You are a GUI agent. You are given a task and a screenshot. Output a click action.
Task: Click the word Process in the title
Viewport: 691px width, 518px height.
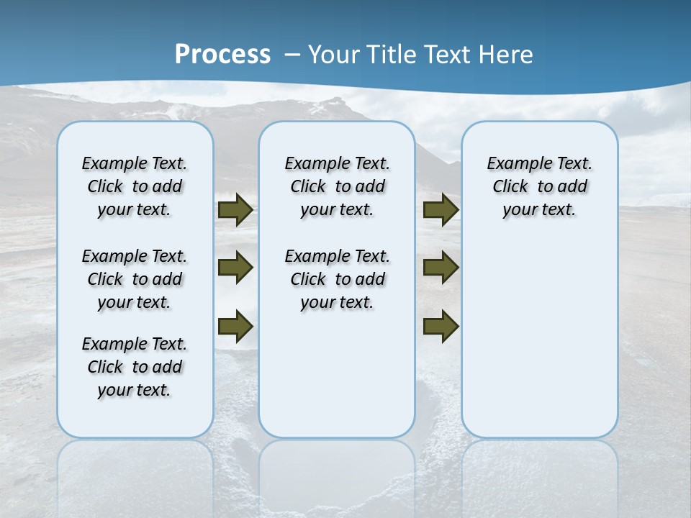[x=222, y=54]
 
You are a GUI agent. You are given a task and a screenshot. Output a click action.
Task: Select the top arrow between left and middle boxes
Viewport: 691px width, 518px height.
[x=235, y=210]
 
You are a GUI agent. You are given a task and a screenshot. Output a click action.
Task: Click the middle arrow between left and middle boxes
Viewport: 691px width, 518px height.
[x=235, y=268]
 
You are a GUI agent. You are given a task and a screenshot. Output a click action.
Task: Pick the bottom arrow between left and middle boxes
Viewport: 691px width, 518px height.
[x=235, y=326]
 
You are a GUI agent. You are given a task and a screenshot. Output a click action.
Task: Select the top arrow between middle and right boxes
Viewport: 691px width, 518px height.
[x=441, y=210]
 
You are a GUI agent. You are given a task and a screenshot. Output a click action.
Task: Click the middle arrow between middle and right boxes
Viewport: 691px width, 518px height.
[x=441, y=268]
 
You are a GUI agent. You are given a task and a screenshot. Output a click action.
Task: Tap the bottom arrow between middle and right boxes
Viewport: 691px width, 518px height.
[x=441, y=326]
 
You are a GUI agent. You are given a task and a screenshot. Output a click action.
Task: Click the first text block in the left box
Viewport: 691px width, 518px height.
[x=135, y=186]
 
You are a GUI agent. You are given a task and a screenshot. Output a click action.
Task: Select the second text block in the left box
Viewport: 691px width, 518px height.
[x=135, y=279]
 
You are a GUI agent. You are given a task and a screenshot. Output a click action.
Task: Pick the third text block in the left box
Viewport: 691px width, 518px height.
[x=135, y=367]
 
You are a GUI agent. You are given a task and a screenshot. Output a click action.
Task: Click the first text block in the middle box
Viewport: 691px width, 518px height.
[x=338, y=186]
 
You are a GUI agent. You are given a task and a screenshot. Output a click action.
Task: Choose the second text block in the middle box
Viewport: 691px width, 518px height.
[x=338, y=279]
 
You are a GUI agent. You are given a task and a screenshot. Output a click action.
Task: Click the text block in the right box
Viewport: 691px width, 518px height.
[x=540, y=186]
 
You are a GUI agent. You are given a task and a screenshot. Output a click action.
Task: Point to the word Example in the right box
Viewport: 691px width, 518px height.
[x=515, y=164]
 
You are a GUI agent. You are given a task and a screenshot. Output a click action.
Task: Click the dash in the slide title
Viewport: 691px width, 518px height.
[x=292, y=55]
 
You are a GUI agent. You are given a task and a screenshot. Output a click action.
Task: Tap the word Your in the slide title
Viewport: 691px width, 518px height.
[x=335, y=55]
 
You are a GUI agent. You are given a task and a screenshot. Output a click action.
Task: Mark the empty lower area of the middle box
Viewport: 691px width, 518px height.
[x=337, y=374]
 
